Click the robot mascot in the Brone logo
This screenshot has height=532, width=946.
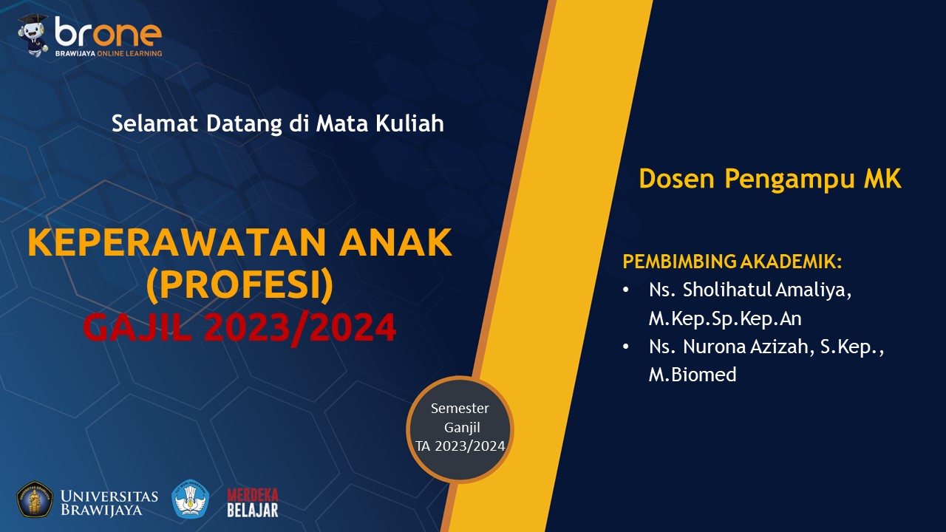click(33, 35)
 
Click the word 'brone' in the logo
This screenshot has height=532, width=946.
click(108, 31)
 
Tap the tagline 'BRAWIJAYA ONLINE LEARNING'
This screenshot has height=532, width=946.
click(109, 54)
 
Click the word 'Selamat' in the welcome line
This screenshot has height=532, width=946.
click(154, 123)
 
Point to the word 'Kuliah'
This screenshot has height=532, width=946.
click(409, 123)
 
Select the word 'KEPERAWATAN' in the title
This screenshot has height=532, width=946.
click(177, 242)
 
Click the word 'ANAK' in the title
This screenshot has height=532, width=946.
click(395, 242)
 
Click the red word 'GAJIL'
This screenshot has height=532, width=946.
click(137, 327)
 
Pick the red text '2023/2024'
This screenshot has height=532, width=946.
click(300, 327)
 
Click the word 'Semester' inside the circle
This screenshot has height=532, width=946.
click(460, 409)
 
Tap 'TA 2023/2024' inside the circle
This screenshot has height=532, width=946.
click(460, 446)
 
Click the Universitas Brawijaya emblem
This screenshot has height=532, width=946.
click(35, 499)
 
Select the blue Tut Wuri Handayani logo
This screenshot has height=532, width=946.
click(191, 499)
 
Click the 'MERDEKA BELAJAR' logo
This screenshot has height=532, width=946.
click(253, 502)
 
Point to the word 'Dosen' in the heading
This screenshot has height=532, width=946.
click(676, 179)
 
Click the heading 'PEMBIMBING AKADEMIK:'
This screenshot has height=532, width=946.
click(732, 262)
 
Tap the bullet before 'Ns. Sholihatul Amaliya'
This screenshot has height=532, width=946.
click(626, 290)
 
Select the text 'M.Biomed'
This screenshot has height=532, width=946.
click(693, 375)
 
